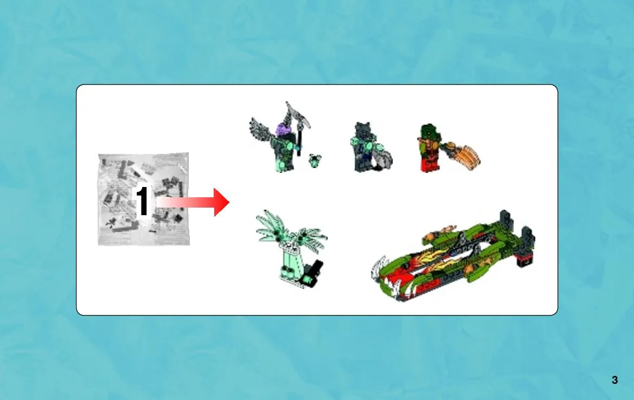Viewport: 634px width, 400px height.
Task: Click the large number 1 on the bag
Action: (x=142, y=201)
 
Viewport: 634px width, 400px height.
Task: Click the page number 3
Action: (x=614, y=380)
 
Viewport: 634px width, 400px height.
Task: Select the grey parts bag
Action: (x=144, y=199)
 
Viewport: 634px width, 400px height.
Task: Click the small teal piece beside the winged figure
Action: (x=315, y=160)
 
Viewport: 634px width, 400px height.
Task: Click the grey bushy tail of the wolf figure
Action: (x=383, y=159)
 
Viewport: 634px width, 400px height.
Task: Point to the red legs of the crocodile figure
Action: (x=431, y=164)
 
